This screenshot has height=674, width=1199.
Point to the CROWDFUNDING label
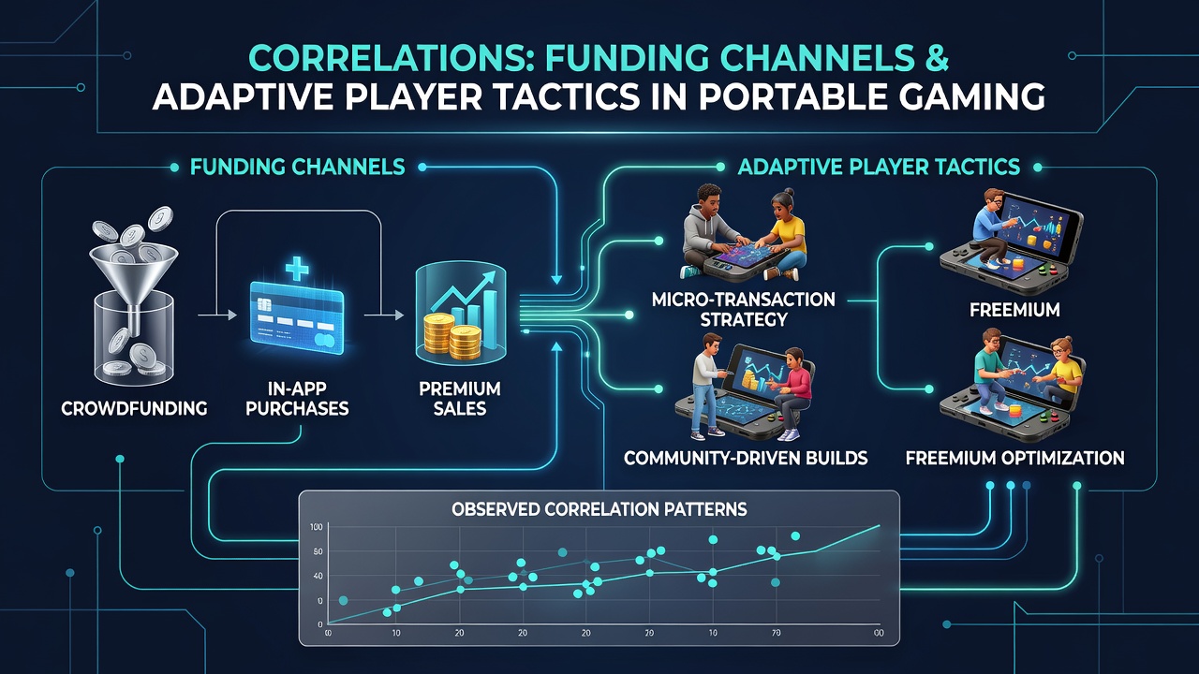click(134, 409)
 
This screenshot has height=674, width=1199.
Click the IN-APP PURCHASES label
click(297, 399)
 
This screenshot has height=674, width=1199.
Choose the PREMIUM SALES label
click(460, 399)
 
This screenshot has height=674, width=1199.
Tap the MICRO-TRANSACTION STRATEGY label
click(744, 309)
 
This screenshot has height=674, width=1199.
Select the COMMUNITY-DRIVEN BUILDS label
click(746, 458)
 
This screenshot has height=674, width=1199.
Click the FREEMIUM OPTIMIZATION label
click(1014, 458)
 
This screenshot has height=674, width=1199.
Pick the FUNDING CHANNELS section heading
click(298, 168)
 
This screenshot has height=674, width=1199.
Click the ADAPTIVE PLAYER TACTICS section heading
click(879, 167)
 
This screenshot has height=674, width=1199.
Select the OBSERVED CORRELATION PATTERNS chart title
click(599, 508)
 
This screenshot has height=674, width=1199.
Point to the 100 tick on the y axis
click(316, 527)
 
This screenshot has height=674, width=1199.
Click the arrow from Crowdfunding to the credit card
click(217, 315)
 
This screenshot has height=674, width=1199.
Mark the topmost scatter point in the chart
click(795, 536)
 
